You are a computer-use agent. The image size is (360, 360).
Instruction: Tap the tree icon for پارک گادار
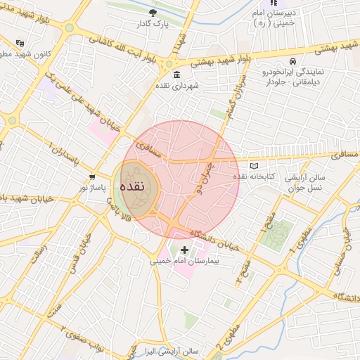point(154,13)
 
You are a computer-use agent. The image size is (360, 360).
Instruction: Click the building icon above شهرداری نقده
point(176,75)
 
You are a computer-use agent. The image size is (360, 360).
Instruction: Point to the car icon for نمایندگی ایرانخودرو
point(292,61)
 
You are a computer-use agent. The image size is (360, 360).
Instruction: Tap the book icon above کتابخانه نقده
point(244,165)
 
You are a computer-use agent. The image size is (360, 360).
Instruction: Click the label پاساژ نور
point(92,187)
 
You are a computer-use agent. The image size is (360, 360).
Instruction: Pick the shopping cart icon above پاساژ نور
point(92,176)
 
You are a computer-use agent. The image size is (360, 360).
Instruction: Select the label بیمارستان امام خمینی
point(185,260)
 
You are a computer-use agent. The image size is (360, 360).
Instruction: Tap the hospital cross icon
point(185,250)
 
